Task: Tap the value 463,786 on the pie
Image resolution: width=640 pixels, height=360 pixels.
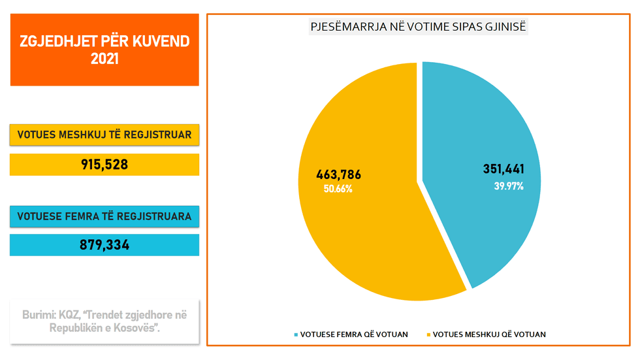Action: [338, 175]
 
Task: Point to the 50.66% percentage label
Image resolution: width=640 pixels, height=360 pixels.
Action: [338, 189]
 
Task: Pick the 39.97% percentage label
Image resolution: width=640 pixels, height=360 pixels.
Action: [509, 186]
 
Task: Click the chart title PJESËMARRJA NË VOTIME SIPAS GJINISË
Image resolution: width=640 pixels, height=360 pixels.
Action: [418, 27]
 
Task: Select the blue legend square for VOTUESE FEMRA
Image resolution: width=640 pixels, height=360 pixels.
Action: [296, 335]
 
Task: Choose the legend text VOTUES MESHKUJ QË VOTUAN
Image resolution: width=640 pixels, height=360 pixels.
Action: [489, 335]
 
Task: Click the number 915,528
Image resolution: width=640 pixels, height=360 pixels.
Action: [104, 165]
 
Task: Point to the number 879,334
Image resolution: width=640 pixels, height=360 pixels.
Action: [104, 246]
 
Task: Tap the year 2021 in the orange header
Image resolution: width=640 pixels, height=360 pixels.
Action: [104, 59]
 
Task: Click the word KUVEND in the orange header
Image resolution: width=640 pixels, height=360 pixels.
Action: [159, 42]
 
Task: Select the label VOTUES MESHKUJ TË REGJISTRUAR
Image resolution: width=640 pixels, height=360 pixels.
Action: [104, 135]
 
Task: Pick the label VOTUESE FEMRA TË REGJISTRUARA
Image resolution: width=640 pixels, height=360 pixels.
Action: [104, 216]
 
